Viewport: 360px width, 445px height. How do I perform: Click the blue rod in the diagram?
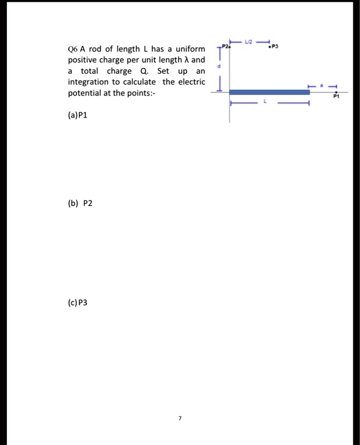pos(270,92)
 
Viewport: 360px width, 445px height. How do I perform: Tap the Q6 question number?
pos(73,50)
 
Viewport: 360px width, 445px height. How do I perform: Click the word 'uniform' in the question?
pos(190,50)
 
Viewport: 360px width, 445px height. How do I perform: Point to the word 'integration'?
pos(88,82)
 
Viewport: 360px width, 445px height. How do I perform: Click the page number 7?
pos(180,418)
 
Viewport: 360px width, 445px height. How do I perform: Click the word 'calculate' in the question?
pos(141,82)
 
